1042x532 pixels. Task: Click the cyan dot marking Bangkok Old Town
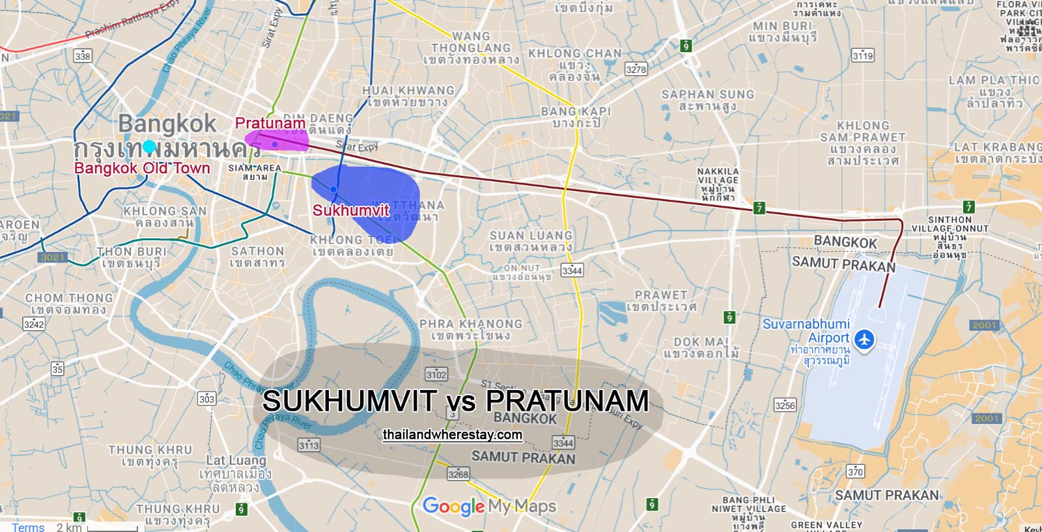click(150, 147)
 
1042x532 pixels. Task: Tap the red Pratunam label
click(270, 123)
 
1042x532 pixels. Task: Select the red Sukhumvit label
click(350, 210)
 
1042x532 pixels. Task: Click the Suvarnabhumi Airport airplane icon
click(864, 339)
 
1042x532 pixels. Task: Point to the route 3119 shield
click(863, 55)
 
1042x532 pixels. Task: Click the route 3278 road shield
click(636, 69)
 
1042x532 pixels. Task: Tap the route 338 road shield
click(83, 55)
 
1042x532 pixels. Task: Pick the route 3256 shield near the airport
click(785, 405)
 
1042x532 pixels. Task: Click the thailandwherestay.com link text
click(453, 434)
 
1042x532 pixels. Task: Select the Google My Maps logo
click(489, 506)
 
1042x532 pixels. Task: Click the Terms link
click(28, 527)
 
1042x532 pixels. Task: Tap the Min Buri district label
click(782, 31)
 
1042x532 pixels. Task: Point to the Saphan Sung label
click(708, 100)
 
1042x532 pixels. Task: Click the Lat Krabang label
click(997, 152)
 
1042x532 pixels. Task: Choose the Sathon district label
click(258, 257)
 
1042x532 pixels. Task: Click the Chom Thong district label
click(69, 303)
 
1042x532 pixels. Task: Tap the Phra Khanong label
click(471, 329)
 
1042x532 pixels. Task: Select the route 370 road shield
click(855, 471)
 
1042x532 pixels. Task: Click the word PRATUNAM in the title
click(567, 400)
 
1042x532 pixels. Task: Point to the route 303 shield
click(206, 399)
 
